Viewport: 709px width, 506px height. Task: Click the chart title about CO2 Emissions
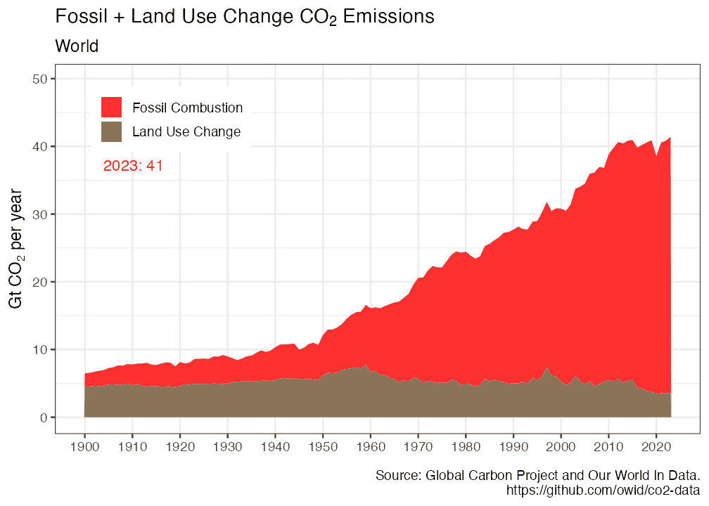[244, 18]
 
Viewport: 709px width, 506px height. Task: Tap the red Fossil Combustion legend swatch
[111, 108]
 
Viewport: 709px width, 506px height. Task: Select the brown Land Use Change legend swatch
[111, 131]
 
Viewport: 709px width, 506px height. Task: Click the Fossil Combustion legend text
[188, 108]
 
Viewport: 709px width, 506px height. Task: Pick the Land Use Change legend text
[186, 132]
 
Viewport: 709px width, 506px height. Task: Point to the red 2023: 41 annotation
[134, 166]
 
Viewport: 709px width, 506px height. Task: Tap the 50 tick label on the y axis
[39, 79]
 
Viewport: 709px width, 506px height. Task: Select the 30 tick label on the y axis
[39, 214]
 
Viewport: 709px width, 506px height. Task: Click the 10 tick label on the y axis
[39, 350]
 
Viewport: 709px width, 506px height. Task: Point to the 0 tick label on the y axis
[43, 417]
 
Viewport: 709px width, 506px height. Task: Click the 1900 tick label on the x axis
[84, 446]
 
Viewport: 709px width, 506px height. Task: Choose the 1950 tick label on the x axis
[322, 446]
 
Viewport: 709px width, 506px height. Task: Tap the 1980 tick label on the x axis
[465, 446]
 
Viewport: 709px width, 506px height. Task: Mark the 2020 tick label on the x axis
[656, 446]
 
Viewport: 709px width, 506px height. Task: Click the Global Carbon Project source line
[537, 475]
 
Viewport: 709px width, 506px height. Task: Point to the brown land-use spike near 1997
[547, 368]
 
